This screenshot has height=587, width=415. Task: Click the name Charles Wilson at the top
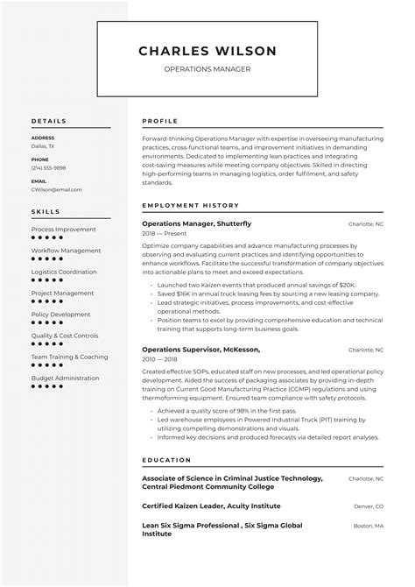207,51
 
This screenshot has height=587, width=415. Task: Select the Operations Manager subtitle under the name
207,69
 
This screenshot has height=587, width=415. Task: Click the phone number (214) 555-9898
48,167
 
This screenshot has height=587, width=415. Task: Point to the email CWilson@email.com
56,188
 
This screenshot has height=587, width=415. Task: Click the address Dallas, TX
44,145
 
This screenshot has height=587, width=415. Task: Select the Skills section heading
46,211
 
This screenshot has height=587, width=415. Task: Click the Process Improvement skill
63,229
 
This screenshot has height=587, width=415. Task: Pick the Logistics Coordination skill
64,272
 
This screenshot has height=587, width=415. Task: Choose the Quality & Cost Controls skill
65,336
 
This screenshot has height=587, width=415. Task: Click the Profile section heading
159,120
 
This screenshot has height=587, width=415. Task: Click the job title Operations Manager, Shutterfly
196,223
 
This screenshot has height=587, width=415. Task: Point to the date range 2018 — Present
164,235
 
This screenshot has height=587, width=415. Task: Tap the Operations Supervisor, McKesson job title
200,350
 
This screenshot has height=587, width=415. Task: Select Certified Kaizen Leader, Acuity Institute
211,506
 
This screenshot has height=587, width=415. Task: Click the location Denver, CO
368,506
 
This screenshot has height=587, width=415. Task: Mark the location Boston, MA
368,526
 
